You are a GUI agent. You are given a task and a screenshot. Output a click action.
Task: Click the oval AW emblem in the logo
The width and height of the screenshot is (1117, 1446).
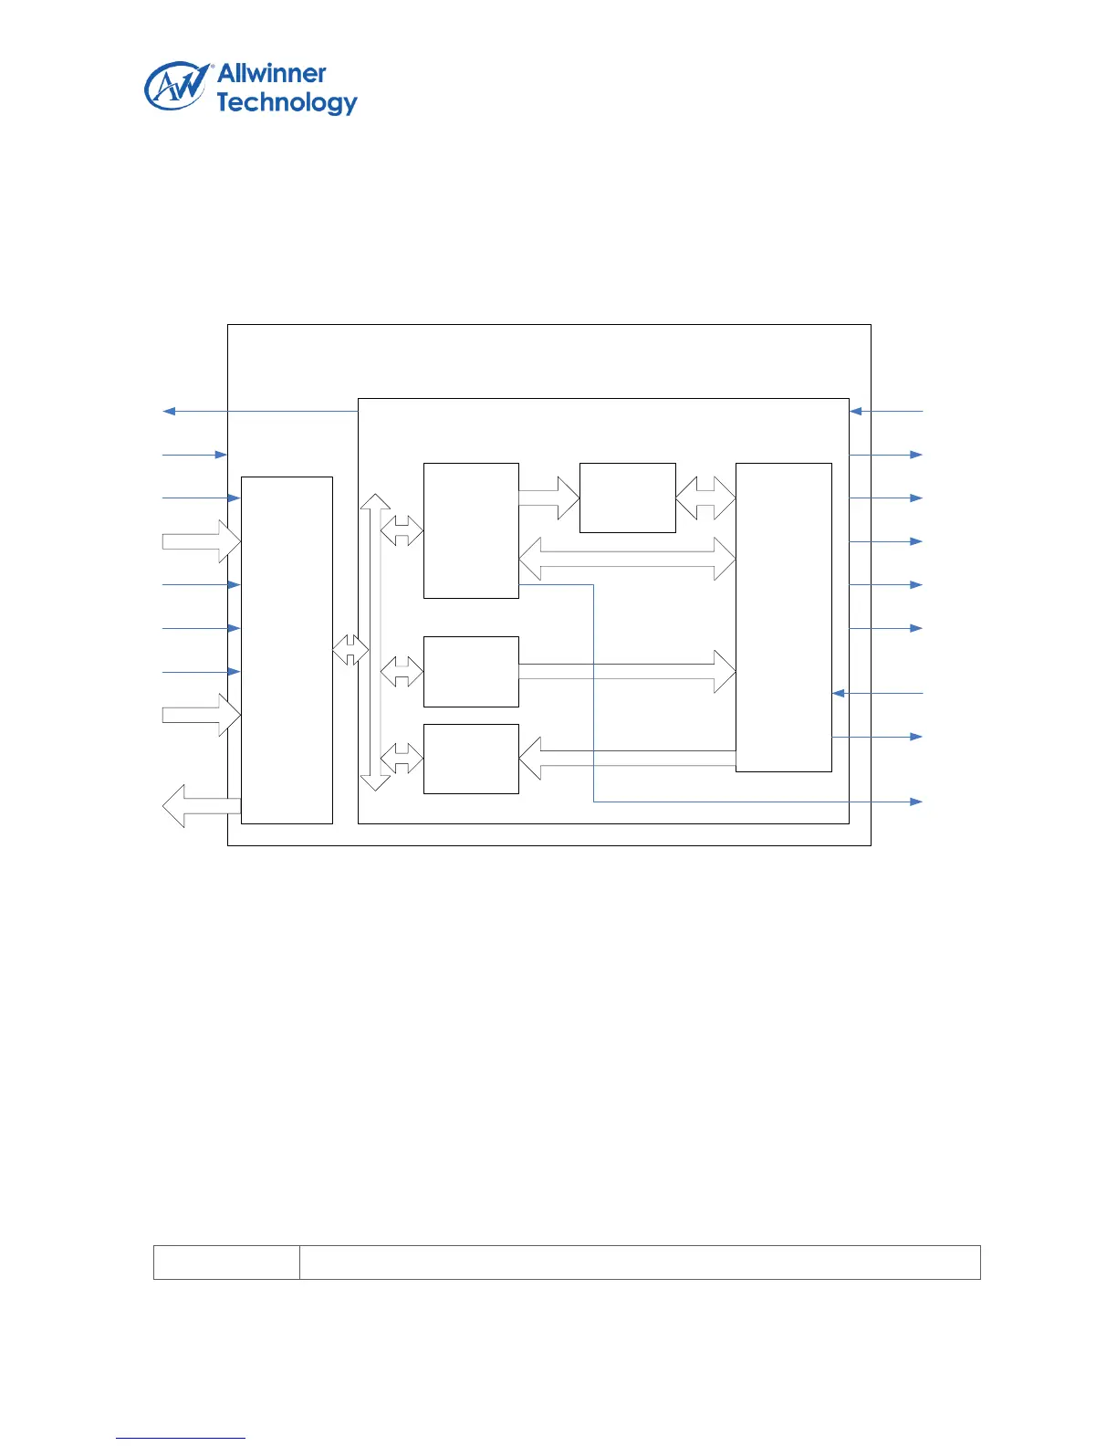[x=175, y=87]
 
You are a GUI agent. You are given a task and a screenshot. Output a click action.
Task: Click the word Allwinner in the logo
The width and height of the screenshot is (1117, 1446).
[x=271, y=74]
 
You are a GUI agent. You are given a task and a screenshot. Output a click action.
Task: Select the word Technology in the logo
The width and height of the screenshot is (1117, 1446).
[x=287, y=102]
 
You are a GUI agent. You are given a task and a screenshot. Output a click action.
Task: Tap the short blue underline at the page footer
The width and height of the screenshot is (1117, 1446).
[x=181, y=1438]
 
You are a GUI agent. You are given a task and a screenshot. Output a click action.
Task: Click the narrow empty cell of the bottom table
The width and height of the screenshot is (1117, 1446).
[x=226, y=1262]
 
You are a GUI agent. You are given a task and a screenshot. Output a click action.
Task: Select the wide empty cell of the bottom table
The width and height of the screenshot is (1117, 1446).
[x=640, y=1262]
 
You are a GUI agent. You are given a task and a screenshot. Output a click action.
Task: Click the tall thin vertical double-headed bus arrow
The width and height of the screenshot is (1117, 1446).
[x=375, y=642]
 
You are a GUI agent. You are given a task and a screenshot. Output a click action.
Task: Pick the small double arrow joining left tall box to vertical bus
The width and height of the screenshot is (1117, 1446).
[x=350, y=650]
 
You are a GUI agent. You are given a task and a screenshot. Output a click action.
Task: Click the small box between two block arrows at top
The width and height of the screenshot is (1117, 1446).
[x=628, y=498]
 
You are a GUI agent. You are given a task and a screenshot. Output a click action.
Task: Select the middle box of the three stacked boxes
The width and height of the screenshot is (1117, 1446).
[x=471, y=671]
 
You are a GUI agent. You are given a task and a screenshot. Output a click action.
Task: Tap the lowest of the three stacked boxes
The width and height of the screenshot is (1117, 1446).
[x=471, y=759]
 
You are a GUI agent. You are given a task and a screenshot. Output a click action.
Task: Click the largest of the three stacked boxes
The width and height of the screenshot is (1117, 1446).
[x=471, y=530]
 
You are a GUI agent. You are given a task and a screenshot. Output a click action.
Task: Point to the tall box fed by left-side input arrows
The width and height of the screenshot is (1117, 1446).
[x=287, y=650]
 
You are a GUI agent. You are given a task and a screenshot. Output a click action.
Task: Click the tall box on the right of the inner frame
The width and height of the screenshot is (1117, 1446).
[x=783, y=617]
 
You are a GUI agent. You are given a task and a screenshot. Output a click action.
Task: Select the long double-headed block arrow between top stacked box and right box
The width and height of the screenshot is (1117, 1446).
[x=627, y=559]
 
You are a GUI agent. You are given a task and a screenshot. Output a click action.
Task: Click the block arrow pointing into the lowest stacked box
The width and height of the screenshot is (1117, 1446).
[x=627, y=758]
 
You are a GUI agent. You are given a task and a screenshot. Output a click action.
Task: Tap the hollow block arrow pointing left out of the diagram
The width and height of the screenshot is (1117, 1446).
[x=201, y=806]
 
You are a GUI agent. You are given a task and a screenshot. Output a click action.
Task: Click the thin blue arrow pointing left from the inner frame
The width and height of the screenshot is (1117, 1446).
[x=260, y=412]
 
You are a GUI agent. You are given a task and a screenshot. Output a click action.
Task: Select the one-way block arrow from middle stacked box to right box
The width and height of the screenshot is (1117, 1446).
[x=627, y=671]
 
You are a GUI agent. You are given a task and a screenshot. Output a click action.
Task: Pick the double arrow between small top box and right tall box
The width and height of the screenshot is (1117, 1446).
[x=705, y=498]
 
